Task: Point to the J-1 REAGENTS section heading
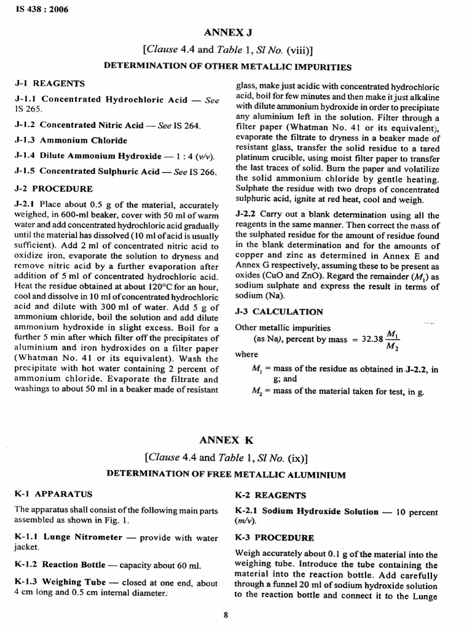(x=50, y=83)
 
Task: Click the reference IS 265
(x=26, y=109)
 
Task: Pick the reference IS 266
(x=205, y=173)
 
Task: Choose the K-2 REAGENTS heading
(x=271, y=494)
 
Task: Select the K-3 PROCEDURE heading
(x=275, y=537)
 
